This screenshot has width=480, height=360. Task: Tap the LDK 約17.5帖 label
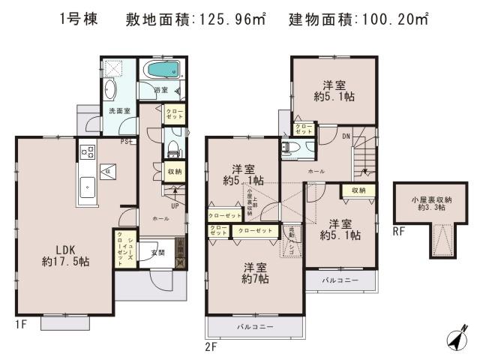(65, 256)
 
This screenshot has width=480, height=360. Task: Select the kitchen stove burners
(84, 152)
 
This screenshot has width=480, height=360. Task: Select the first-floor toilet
(171, 145)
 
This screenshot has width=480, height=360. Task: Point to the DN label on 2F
(345, 136)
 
